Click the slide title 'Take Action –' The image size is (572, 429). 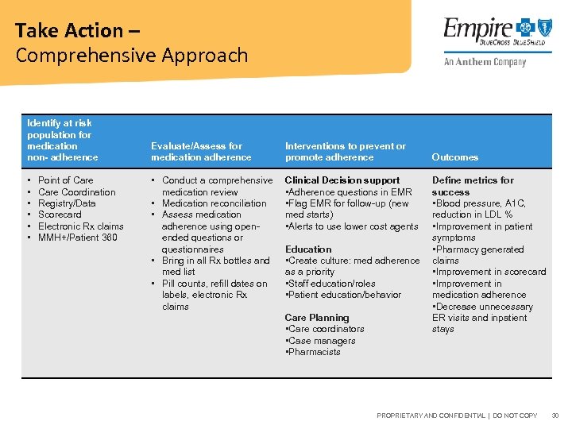point(68,31)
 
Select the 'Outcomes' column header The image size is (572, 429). point(454,157)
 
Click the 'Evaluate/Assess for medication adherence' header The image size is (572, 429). point(201,152)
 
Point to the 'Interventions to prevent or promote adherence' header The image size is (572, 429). point(345,152)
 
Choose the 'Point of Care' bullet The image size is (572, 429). point(65,180)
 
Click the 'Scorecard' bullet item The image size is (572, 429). point(60,214)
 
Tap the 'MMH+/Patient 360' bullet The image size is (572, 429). point(77,238)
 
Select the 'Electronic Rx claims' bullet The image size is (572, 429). point(80,226)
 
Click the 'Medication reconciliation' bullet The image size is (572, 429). point(214,203)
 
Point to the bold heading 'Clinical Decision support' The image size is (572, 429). point(342,180)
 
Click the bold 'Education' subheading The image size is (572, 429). point(308,249)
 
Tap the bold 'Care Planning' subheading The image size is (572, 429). point(316,318)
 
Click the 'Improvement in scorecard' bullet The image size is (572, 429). point(489,272)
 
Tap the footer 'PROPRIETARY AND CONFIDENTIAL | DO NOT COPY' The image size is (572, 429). point(457,415)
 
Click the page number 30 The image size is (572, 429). point(555,415)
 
